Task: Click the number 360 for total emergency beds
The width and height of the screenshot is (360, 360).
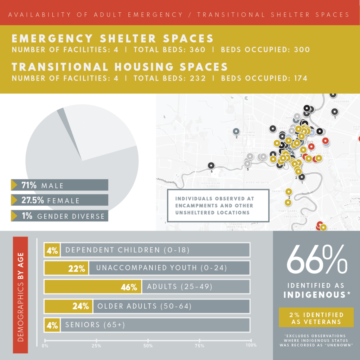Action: tap(195, 50)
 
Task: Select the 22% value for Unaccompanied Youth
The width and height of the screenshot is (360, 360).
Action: tap(77, 268)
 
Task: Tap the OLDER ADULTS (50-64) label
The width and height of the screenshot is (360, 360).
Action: tap(144, 306)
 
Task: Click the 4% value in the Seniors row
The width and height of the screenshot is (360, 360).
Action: tap(52, 325)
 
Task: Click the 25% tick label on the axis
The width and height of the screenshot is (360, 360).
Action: tap(96, 346)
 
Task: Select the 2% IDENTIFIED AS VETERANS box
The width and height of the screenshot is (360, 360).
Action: tap(316, 317)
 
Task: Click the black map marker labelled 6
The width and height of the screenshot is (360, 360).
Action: tap(211, 165)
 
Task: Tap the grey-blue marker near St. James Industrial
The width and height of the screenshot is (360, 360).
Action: tap(236, 131)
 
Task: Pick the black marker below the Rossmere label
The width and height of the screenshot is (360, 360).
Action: tap(335, 112)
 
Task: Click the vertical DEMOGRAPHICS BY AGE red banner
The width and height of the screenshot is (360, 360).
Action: tap(20, 295)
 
